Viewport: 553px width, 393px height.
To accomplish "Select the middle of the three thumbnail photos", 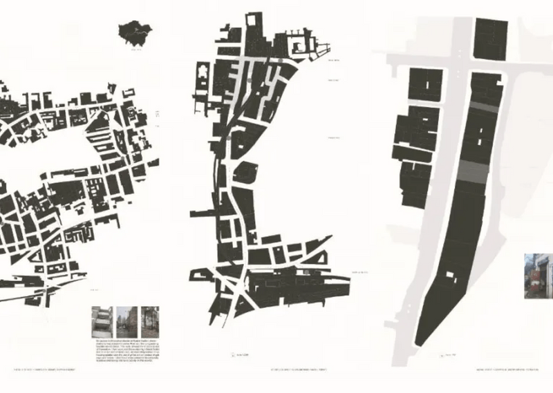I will click(125, 322).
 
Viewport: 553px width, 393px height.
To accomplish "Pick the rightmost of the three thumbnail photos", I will click(149, 322).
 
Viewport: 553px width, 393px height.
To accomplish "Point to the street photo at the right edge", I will click(538, 276).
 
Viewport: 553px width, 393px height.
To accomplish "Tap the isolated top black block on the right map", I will click(491, 40).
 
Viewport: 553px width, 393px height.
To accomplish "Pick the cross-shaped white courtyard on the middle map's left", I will click(204, 70).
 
